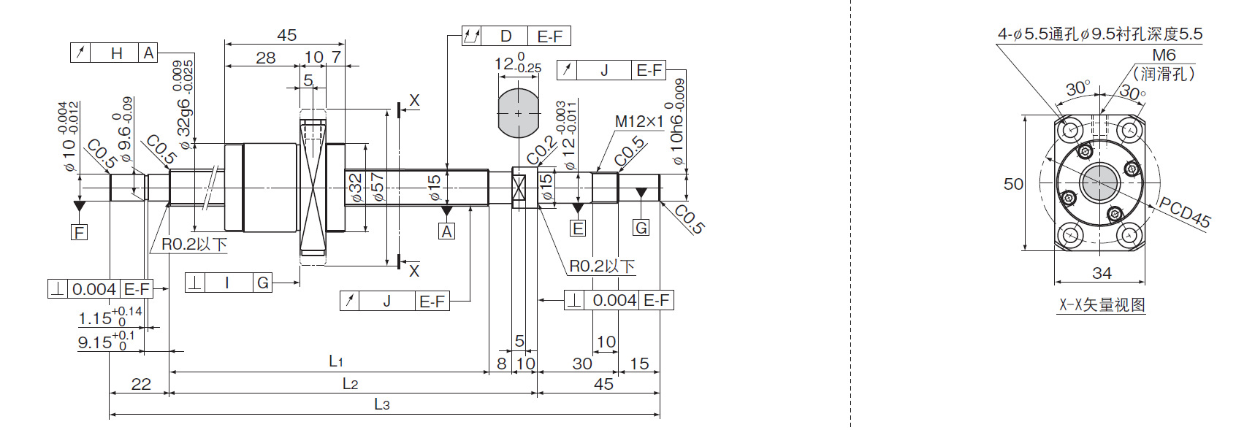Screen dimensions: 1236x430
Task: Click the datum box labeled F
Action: tap(80, 232)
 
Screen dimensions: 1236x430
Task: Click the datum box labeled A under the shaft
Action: tap(447, 231)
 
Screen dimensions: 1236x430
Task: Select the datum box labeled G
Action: tap(641, 227)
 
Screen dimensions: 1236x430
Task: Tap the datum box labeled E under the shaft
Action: tap(578, 228)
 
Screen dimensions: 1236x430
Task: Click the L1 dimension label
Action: tap(336, 361)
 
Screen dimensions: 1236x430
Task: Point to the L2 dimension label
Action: tap(350, 384)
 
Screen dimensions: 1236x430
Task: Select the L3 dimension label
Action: tap(382, 404)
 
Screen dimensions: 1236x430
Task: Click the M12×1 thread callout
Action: tap(639, 121)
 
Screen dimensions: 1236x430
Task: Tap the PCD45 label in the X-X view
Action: tap(1184, 212)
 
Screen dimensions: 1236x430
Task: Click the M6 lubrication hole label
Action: tap(1164, 55)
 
